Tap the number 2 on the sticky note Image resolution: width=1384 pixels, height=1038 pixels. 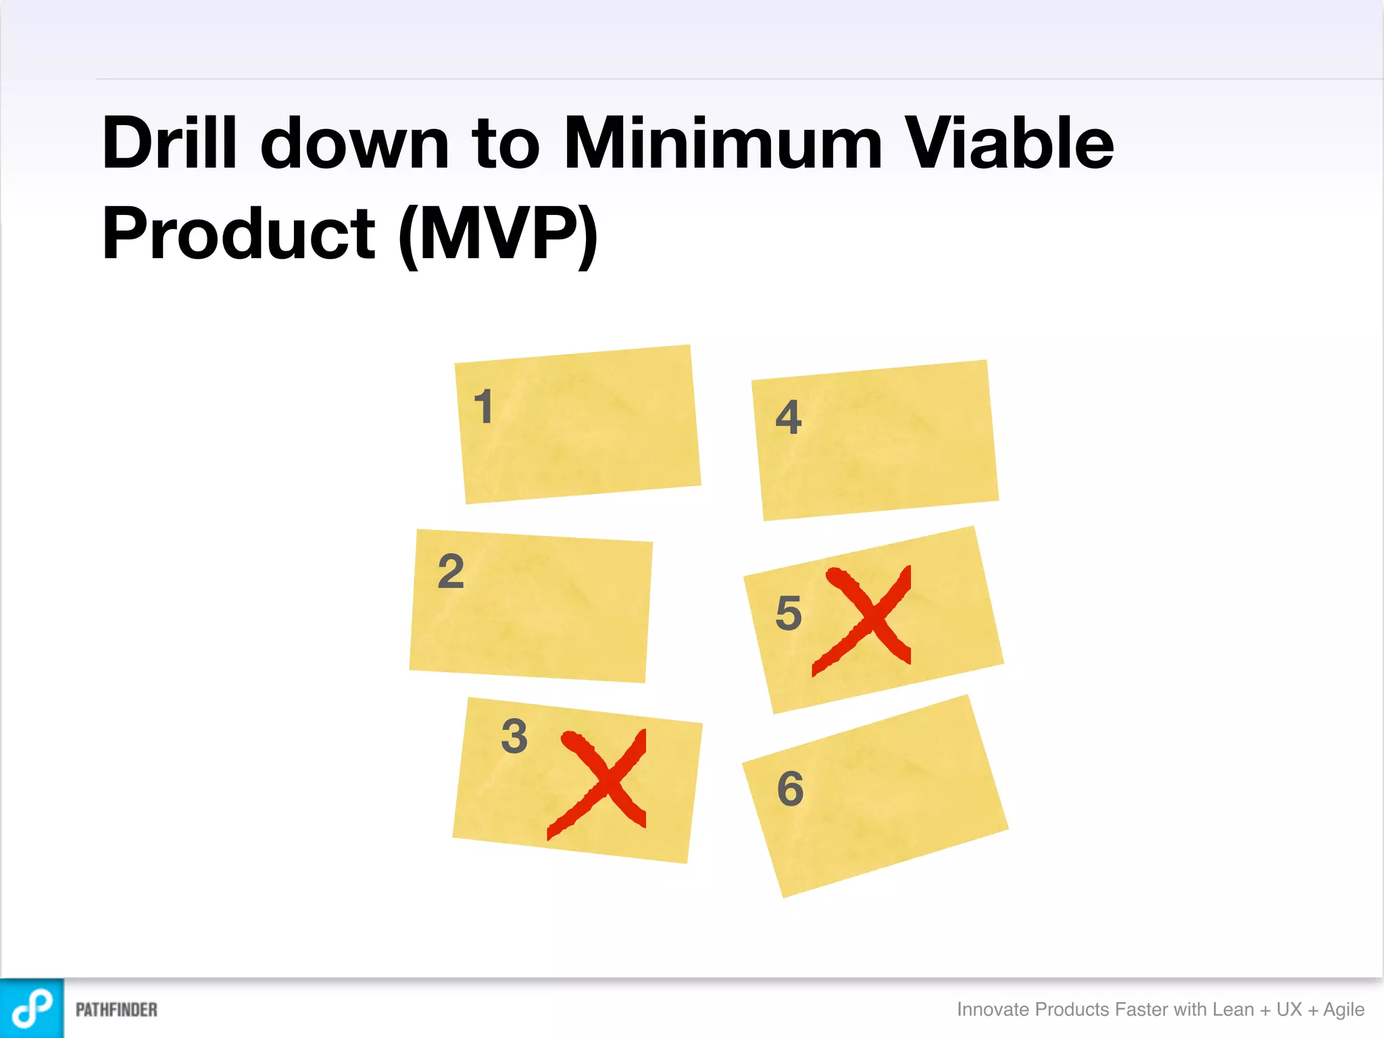[451, 572]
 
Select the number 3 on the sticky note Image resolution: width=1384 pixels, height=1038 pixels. [514, 736]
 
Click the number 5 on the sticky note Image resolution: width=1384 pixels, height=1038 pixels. [789, 613]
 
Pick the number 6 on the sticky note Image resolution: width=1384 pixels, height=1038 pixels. [791, 789]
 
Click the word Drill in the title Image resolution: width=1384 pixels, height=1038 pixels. [170, 143]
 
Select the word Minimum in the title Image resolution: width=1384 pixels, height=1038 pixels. [723, 143]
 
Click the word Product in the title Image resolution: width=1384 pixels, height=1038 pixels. [239, 234]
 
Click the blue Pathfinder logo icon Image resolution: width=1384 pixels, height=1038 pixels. [32, 1008]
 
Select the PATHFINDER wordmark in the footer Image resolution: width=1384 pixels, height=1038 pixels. [116, 1010]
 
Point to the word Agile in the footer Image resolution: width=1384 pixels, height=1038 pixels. [1343, 1010]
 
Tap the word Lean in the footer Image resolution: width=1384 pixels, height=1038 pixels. [1233, 1010]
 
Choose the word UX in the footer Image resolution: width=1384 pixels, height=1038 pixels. [1289, 1010]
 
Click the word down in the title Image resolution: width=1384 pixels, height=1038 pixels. [355, 143]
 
